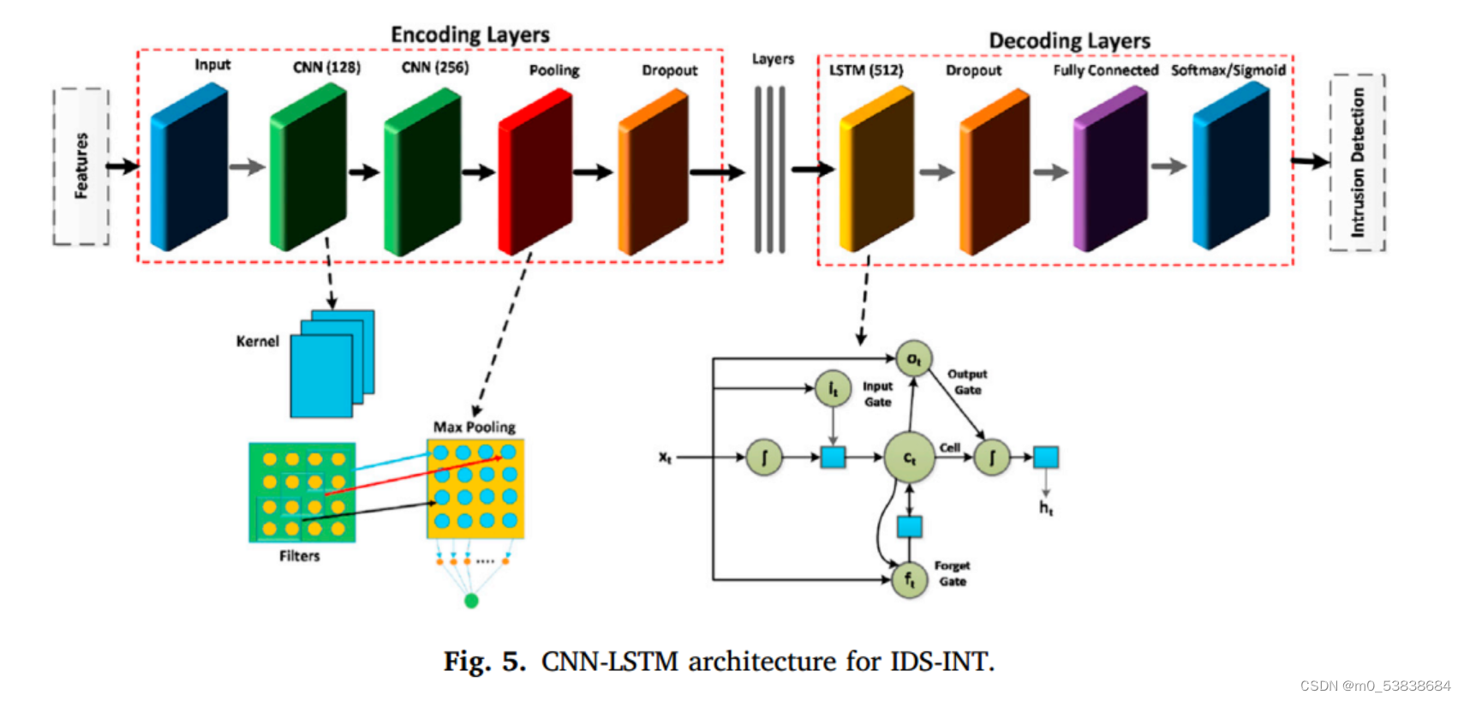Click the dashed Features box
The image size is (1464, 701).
click(x=81, y=166)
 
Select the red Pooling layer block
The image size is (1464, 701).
click(x=535, y=171)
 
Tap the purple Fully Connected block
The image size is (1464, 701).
click(x=1110, y=170)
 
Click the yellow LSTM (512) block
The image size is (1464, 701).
click(x=876, y=169)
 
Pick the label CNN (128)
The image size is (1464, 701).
click(x=326, y=67)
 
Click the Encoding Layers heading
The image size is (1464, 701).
click(x=470, y=34)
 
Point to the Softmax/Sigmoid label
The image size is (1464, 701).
click(x=1228, y=70)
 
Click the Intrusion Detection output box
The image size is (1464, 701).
click(x=1358, y=163)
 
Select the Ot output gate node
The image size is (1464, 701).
click(x=913, y=359)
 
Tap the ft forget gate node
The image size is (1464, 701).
click(x=909, y=580)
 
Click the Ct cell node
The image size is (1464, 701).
click(x=909, y=458)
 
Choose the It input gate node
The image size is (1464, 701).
click(x=833, y=389)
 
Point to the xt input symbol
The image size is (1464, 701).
click(x=666, y=458)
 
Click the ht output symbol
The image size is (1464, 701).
click(x=1046, y=508)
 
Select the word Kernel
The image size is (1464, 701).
click(x=258, y=341)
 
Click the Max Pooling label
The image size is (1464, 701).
click(x=474, y=427)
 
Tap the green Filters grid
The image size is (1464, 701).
click(x=302, y=493)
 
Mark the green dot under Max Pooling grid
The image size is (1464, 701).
click(x=471, y=601)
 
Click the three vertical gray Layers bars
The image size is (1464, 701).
click(x=769, y=170)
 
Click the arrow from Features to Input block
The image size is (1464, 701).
click(x=122, y=166)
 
